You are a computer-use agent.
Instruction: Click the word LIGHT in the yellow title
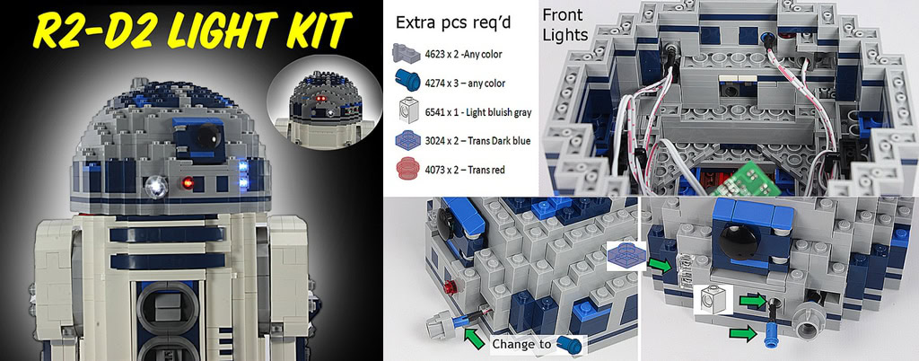tap(223, 30)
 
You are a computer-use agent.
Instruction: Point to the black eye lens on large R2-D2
tap(209, 136)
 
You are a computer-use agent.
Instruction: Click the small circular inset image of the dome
tap(323, 102)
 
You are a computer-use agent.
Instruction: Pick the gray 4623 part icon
tap(407, 55)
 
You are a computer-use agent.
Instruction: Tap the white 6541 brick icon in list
tap(407, 110)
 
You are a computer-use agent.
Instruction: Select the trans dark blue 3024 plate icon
tap(407, 141)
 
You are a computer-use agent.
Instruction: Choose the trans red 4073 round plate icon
tap(407, 169)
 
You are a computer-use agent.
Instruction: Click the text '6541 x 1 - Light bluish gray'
tap(477, 111)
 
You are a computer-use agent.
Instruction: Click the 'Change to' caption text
tap(521, 344)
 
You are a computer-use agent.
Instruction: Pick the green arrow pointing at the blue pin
tap(740, 333)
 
